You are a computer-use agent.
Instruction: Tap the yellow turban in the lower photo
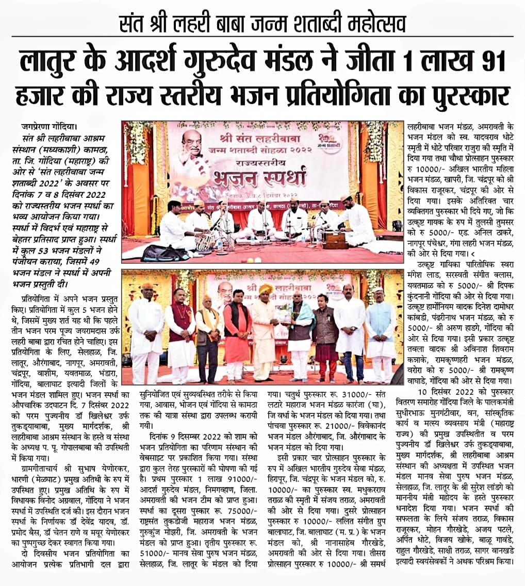(266, 289)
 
